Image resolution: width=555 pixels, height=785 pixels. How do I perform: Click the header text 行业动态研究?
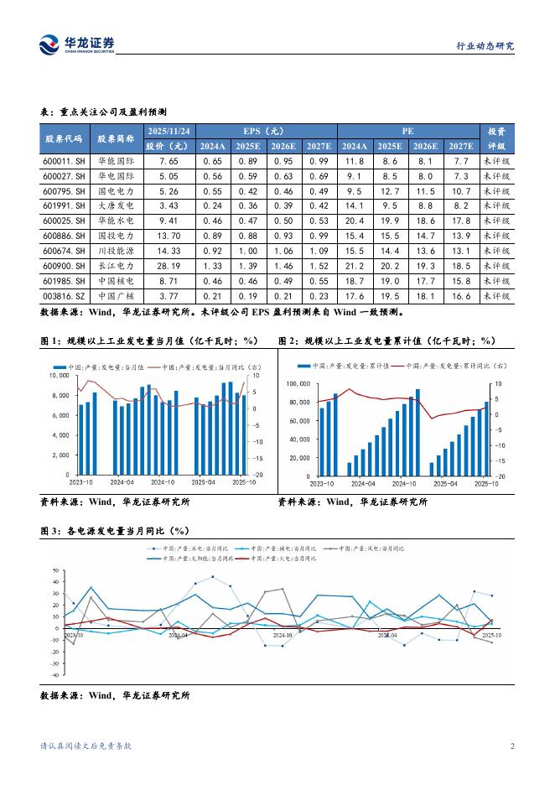tap(485, 45)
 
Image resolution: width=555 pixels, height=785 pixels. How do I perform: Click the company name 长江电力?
tap(115, 266)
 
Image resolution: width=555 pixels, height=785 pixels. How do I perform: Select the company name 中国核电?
tap(115, 281)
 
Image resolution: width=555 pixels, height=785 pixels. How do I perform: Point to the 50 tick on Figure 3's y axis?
tap(55, 569)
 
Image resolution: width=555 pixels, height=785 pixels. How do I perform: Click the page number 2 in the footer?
tap(512, 746)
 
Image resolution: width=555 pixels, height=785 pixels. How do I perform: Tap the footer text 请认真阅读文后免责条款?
tap(86, 746)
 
